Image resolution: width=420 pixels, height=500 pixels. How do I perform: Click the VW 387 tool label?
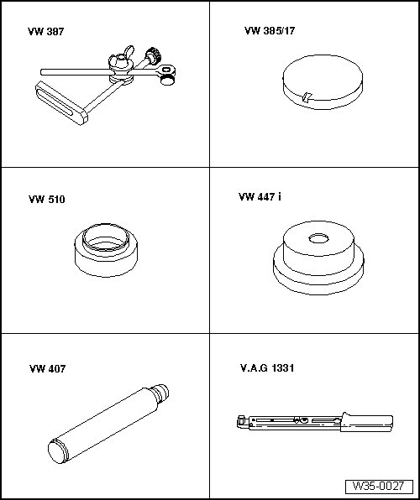[x=46, y=32]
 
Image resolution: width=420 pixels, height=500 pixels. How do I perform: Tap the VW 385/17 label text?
[x=270, y=30]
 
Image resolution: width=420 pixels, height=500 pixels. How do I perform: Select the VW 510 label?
[x=47, y=200]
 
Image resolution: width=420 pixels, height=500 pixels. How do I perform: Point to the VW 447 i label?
[x=260, y=197]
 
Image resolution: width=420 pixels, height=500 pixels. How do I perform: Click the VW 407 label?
[x=48, y=368]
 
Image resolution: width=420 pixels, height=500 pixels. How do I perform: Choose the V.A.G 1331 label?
[x=267, y=368]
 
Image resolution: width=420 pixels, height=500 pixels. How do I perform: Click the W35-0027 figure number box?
[x=379, y=487]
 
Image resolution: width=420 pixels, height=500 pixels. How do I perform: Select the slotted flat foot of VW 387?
[x=61, y=103]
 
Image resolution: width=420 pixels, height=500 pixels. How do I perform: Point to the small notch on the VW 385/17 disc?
[x=307, y=97]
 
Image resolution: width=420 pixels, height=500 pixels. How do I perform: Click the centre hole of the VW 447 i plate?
[x=318, y=238]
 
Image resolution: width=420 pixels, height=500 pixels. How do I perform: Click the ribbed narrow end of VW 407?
[x=160, y=394]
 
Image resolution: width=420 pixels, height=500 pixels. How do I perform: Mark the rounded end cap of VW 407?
[x=57, y=451]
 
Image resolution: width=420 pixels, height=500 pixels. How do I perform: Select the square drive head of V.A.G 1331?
[x=243, y=422]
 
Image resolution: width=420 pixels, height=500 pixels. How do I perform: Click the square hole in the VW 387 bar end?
[x=166, y=69]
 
